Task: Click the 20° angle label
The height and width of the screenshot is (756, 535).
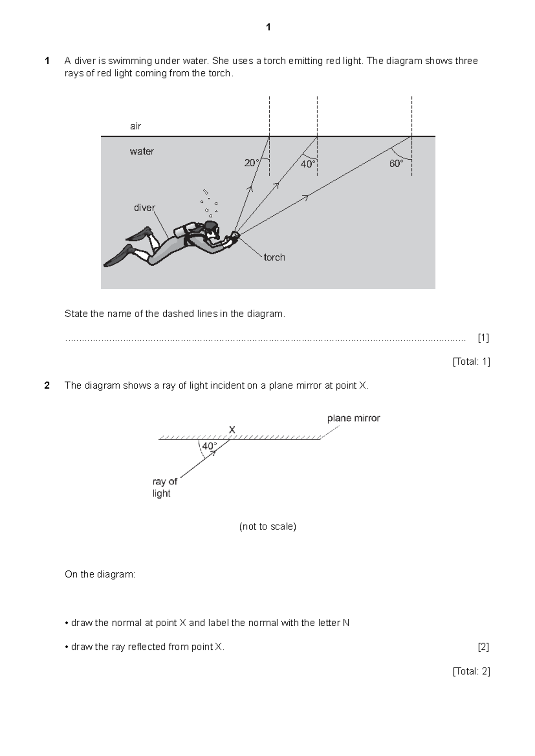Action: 251,163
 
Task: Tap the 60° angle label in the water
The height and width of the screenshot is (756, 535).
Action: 396,164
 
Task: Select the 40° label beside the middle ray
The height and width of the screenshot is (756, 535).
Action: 308,164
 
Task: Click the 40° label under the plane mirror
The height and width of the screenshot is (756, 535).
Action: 210,446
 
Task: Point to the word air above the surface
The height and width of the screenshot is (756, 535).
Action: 136,126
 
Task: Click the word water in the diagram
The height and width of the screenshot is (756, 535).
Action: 142,152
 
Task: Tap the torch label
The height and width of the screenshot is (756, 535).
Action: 274,257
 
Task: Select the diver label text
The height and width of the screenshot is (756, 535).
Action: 144,208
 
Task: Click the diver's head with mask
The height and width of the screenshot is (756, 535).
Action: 212,228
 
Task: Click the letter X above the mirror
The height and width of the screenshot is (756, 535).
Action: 232,430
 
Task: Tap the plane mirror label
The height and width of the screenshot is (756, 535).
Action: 354,418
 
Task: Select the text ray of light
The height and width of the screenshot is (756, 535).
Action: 165,487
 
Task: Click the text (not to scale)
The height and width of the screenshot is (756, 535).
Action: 267,526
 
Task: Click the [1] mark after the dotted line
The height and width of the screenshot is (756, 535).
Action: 483,338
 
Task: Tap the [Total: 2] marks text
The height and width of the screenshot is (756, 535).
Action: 471,671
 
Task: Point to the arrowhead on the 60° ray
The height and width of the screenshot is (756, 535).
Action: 305,197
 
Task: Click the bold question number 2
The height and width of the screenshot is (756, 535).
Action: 47,386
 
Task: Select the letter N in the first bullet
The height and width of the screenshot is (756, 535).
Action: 346,623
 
